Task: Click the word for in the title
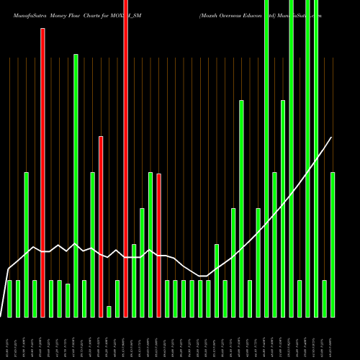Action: click(115, 15)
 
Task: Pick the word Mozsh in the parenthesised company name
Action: click(212, 15)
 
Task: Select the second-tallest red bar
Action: click(42, 173)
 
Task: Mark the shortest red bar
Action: click(159, 245)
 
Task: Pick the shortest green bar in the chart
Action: click(109, 311)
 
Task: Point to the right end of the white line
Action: click(331, 138)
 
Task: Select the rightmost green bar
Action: click(333, 245)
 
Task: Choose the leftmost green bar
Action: click(9, 299)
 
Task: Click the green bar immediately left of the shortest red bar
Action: click(150, 245)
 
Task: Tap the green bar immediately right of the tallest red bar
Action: click(134, 281)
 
